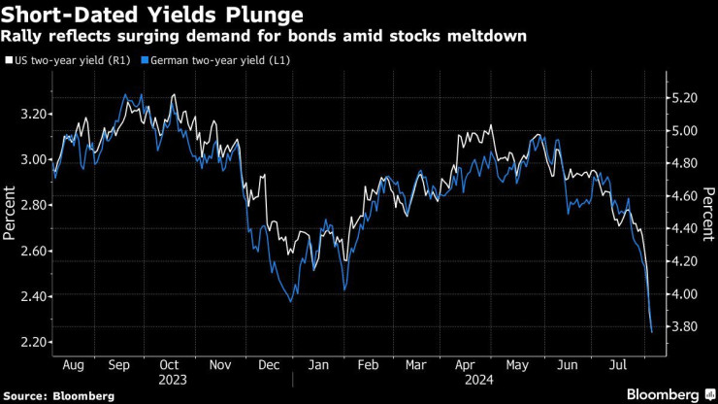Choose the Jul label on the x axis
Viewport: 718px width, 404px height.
pos(618,365)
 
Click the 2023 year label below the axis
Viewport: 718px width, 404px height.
pos(172,381)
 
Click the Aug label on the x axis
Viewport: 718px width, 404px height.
pos(73,365)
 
